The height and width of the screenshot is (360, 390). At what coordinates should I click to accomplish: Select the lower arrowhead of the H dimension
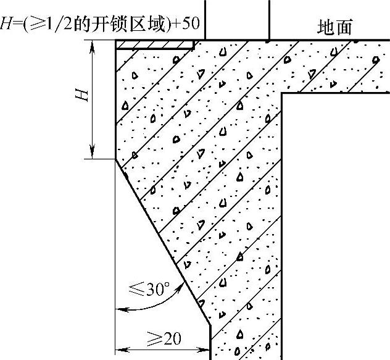click(92, 153)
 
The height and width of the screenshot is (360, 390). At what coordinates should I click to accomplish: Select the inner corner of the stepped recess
click(282, 93)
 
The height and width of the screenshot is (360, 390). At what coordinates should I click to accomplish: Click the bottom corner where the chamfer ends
click(210, 325)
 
